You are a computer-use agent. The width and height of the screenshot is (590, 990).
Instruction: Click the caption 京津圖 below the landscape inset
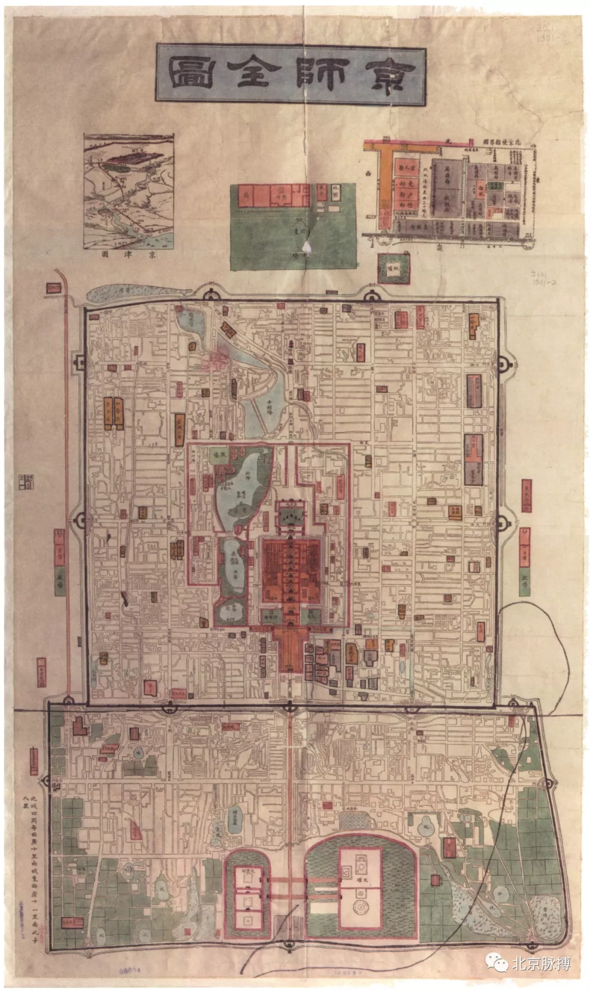click(128, 255)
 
